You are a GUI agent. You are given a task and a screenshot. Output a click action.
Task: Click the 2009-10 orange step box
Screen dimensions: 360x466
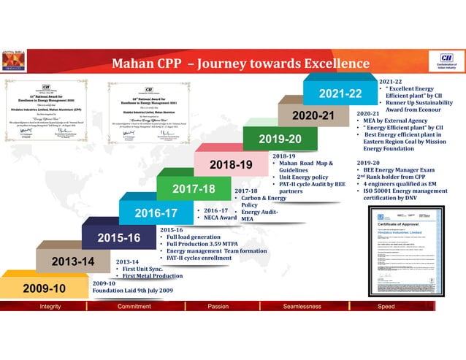tap(45, 288)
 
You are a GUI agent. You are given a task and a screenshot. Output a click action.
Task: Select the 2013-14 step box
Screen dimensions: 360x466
tap(66, 261)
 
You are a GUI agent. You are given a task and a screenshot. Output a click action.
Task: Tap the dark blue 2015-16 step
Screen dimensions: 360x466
tap(118, 237)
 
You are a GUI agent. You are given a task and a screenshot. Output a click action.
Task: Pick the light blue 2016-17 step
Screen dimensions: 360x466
tap(156, 213)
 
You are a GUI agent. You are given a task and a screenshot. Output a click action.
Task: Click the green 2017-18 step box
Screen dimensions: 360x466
tap(194, 189)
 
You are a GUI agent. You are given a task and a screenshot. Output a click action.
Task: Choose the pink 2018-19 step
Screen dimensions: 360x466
tap(231, 164)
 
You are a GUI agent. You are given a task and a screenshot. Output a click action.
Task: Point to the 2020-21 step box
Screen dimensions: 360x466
tap(313, 115)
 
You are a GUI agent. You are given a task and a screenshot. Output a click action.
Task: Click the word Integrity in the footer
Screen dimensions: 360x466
tap(50, 307)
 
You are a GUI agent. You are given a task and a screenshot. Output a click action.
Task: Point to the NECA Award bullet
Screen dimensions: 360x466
tap(219, 218)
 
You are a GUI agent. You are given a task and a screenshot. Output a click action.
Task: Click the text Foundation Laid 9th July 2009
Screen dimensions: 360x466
tap(133, 291)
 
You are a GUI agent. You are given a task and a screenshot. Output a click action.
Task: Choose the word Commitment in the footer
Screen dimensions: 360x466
tap(134, 307)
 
